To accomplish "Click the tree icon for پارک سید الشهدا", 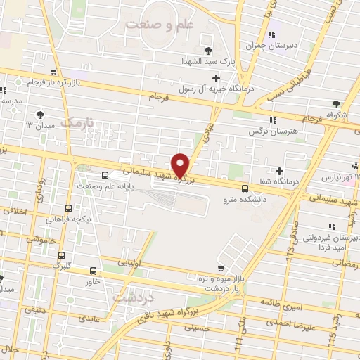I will pos(208,49).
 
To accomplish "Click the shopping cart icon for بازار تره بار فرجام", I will pos(54,72).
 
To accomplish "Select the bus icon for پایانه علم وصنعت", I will pos(104,175).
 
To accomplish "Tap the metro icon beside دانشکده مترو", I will pos(245,188).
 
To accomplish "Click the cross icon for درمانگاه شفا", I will pos(280,171).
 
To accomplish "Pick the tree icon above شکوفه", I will pos(337,104).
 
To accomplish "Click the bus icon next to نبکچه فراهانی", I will pos(68,208).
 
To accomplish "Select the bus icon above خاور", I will pos(93,271).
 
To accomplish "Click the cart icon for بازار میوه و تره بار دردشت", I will pos(221,268).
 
